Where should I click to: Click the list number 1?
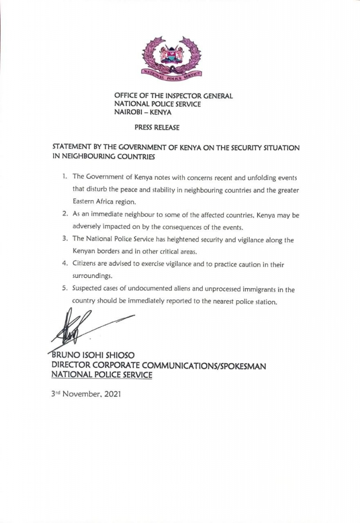[64, 177]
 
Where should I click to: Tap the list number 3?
[65, 239]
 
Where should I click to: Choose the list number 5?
[65, 289]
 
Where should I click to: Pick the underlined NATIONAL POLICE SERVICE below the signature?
[102, 375]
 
